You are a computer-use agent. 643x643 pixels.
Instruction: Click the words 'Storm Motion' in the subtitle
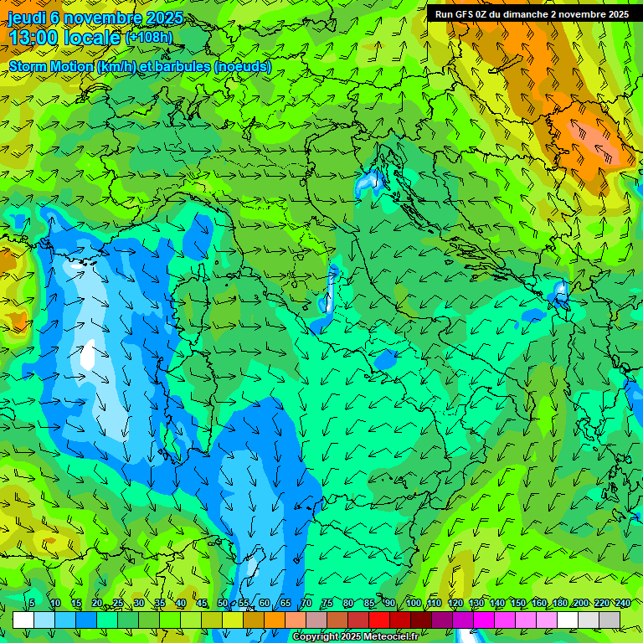pos(51,67)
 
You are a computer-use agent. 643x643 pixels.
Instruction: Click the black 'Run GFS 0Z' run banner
pos(532,14)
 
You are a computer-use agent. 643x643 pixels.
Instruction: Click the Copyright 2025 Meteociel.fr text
pos(355,637)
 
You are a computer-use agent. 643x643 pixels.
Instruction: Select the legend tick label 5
pos(32,603)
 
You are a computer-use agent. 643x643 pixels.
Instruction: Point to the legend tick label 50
pos(223,603)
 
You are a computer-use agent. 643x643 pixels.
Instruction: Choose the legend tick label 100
pos(413,603)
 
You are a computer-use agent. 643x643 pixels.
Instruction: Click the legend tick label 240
pos(623,603)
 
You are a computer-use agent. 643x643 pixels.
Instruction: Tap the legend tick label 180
pos(559,603)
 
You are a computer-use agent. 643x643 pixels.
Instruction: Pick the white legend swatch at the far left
pos(23,620)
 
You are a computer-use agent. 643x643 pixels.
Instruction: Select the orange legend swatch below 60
pos(275,620)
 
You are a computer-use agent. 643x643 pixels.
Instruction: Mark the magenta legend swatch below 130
pos(484,620)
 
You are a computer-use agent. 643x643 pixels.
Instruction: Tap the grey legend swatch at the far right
pos(610,620)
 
